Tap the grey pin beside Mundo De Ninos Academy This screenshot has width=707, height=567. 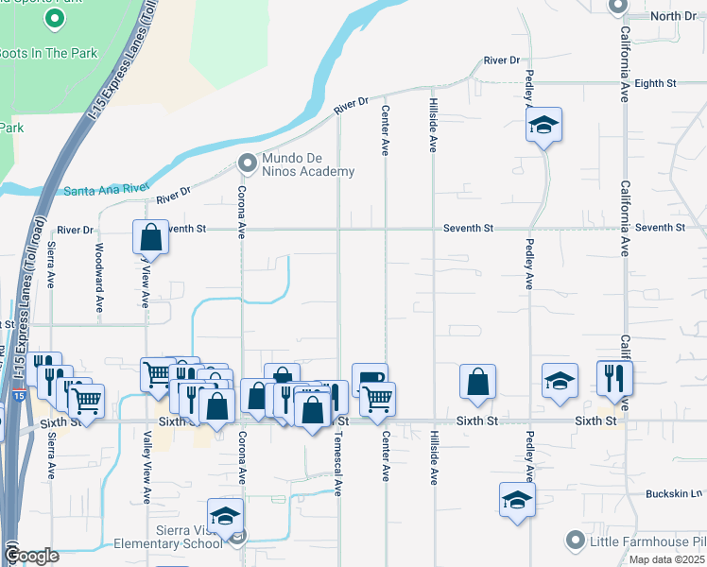coord(248,163)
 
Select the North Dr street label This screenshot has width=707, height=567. coord(673,16)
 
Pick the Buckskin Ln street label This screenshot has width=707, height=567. coord(675,494)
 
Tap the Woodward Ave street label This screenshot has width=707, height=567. coord(99,278)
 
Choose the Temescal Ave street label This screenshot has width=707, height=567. coord(337,463)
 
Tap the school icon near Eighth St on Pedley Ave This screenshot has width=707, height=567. coord(543,124)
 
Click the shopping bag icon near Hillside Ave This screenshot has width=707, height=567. coord(478,382)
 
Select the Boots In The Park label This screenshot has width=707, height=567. coord(49,54)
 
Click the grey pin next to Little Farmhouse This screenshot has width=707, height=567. coord(575,541)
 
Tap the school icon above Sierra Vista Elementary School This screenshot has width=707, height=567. coord(225,515)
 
